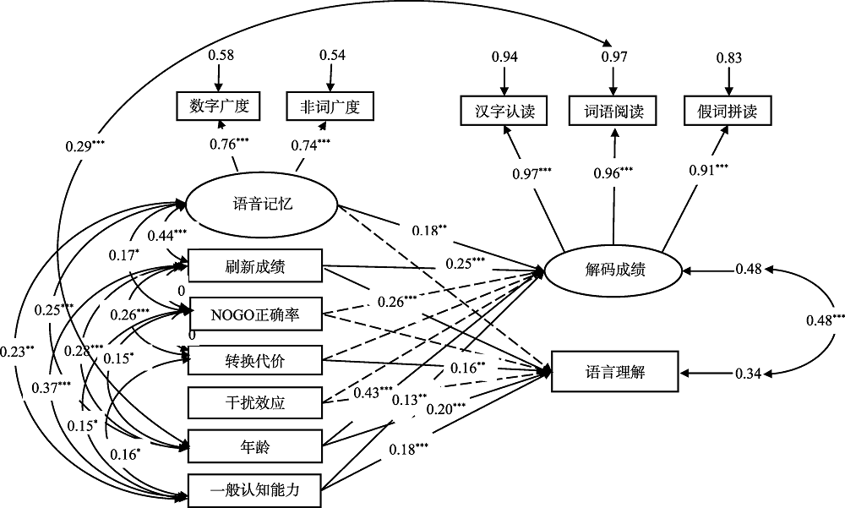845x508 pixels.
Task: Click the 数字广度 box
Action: point(219,107)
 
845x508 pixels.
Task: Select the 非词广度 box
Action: point(330,107)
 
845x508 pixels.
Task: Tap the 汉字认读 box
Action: point(504,110)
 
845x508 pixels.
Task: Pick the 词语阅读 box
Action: point(614,110)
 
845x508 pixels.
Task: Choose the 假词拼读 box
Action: point(728,110)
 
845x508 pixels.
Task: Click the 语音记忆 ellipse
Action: point(261,204)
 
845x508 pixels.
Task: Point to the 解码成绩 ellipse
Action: point(614,270)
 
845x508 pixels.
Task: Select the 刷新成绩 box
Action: point(255,266)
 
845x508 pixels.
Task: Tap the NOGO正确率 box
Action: point(255,314)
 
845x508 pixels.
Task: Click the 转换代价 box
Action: point(255,361)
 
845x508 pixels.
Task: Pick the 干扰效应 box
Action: point(255,402)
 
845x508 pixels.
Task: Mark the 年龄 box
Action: point(255,445)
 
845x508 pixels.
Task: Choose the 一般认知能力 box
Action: point(255,489)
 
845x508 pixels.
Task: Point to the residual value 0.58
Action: point(221,55)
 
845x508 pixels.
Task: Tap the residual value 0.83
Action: point(728,57)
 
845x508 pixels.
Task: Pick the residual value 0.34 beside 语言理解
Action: point(748,372)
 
